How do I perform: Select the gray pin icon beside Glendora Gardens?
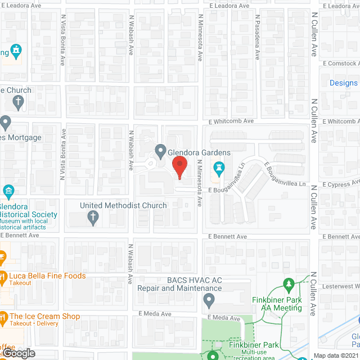160,151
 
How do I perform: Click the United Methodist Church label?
123,205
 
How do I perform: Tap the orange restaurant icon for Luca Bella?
3,277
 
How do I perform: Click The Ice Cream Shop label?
45,316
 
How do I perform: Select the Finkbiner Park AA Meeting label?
281,304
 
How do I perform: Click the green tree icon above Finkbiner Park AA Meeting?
289,285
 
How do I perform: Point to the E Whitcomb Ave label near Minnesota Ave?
231,121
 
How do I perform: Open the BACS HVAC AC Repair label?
179,283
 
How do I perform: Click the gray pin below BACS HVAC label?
209,303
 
